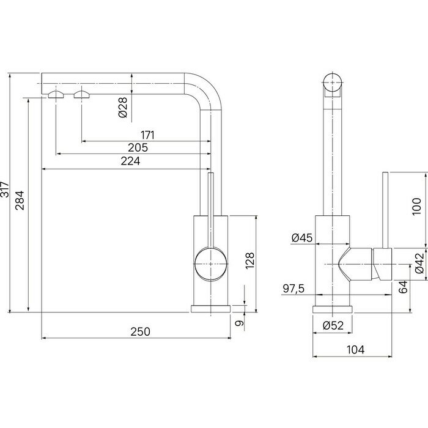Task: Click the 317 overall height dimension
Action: (5, 189)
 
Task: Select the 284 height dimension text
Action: (20, 200)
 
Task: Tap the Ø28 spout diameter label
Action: (123, 107)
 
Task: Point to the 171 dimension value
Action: (147, 135)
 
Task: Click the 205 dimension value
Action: (138, 148)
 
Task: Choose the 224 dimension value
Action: (130, 161)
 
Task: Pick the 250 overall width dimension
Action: (140, 331)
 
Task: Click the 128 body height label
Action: (249, 260)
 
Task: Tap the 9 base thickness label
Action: (239, 323)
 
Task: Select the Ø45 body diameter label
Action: (302, 238)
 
